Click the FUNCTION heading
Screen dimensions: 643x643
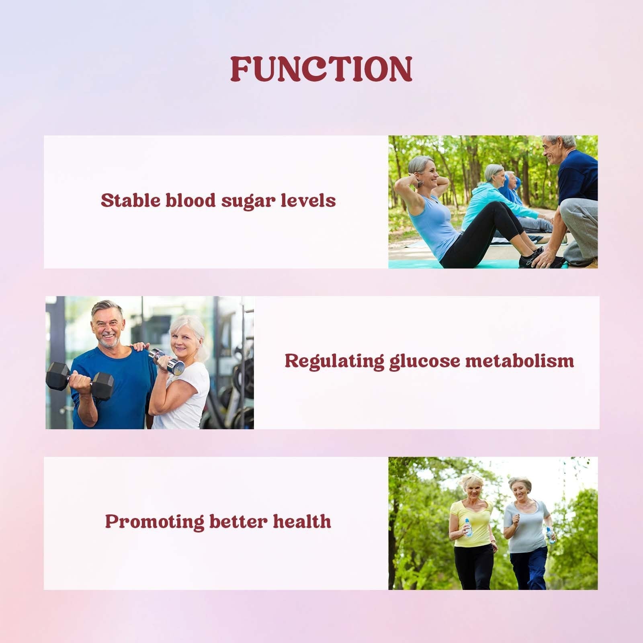coord(321,69)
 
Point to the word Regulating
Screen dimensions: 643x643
coord(334,361)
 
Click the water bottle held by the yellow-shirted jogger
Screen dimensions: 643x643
coord(468,527)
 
